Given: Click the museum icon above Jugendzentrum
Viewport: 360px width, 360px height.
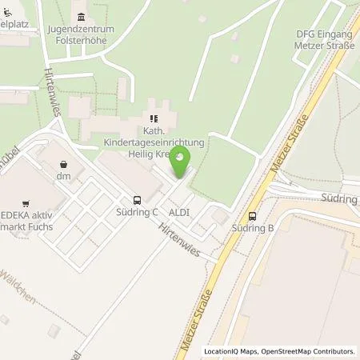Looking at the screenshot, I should coord(80,17).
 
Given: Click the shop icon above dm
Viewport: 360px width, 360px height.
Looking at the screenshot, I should coord(62,162).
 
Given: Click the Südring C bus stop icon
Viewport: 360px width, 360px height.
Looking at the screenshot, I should coord(137,200).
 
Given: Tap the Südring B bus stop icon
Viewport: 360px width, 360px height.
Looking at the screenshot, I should coord(253,214).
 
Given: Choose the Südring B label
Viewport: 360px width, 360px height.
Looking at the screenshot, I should coord(254,228).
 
